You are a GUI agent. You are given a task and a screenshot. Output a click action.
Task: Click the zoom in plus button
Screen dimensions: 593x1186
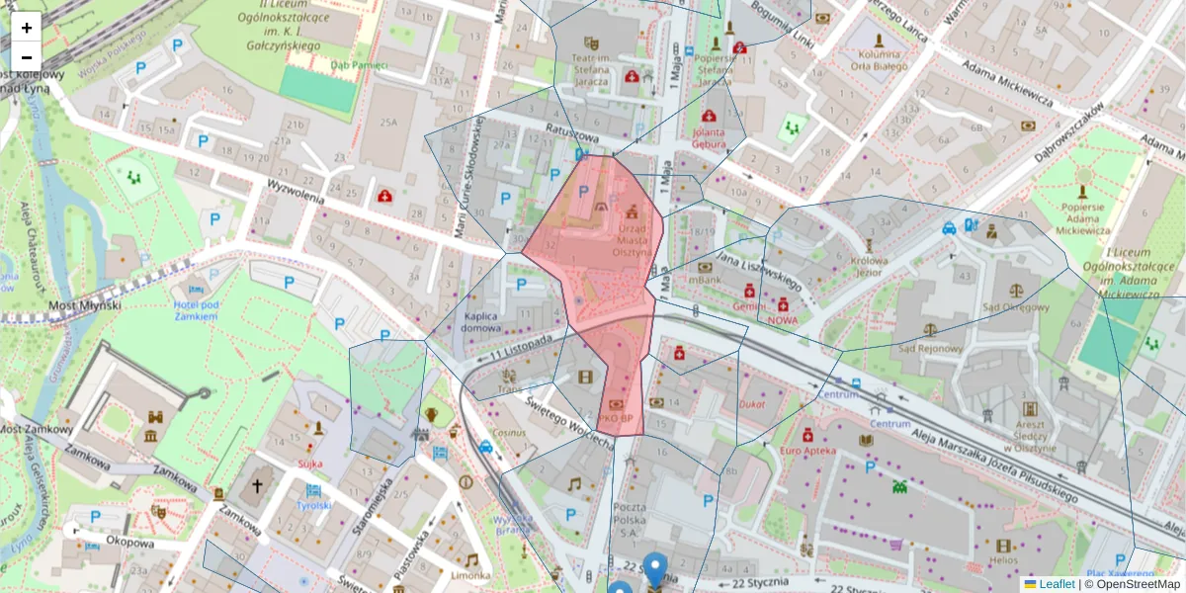click(26, 28)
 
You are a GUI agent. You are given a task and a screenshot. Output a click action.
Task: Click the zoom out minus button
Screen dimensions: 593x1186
click(26, 56)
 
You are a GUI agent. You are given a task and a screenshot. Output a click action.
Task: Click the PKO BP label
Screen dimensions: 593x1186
click(616, 418)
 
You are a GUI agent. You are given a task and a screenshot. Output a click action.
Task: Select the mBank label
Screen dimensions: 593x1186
click(706, 281)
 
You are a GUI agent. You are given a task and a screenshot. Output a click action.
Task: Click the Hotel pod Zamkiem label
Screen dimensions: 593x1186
click(195, 309)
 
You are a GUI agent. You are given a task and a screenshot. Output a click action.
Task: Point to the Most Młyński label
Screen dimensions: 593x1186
click(85, 305)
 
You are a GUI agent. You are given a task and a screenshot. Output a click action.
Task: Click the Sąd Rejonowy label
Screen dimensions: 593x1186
click(929, 348)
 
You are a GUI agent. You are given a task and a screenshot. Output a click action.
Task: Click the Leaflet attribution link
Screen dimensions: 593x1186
click(1057, 584)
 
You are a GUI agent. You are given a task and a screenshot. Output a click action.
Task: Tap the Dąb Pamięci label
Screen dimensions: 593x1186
click(359, 65)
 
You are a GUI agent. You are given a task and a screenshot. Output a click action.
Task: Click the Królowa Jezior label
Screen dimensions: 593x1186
click(869, 267)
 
